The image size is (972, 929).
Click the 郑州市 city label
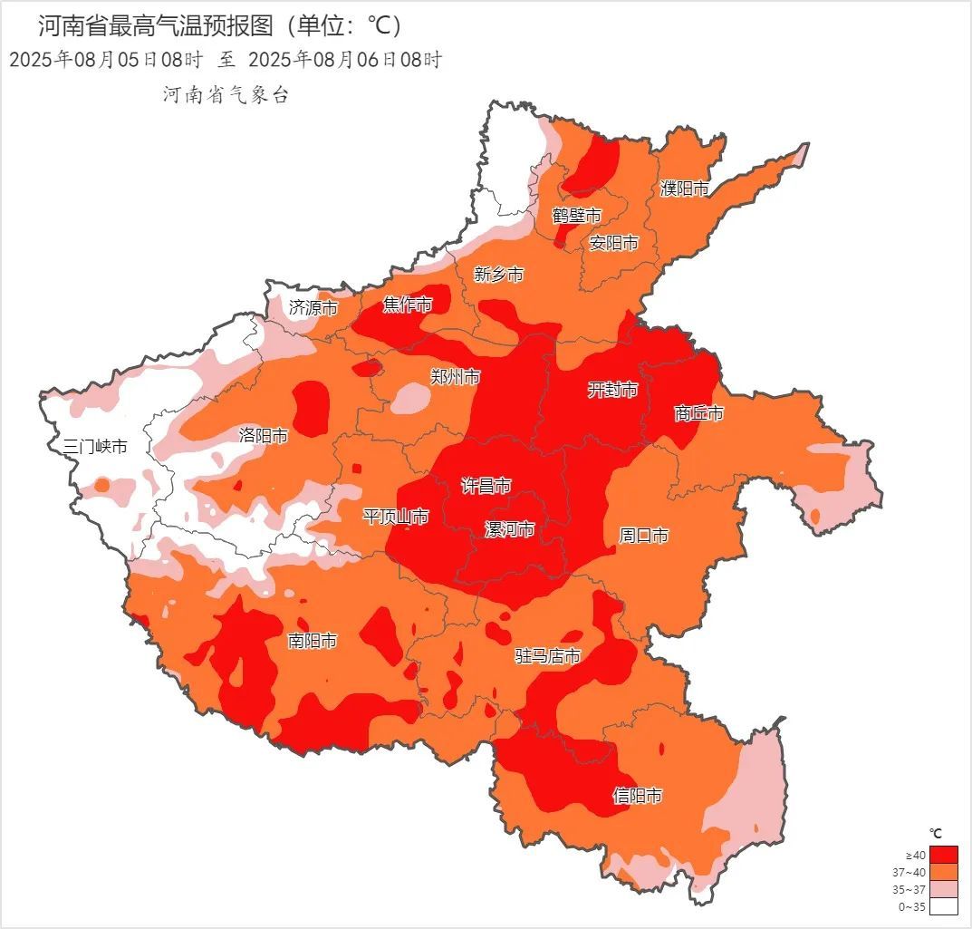pyautogui.click(x=455, y=377)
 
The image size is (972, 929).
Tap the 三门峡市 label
pyautogui.click(x=95, y=446)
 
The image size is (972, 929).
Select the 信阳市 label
pyautogui.click(x=637, y=796)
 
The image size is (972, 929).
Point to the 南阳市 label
pyautogui.click(x=313, y=642)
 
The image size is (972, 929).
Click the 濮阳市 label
pyautogui.click(x=684, y=189)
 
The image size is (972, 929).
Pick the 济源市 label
pyautogui.click(x=313, y=308)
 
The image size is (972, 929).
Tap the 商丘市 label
pyautogui.click(x=698, y=413)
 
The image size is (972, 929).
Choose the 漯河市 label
pyautogui.click(x=509, y=529)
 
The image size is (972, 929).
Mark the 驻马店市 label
pyautogui.click(x=547, y=656)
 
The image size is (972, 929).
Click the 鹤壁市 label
pyautogui.click(x=577, y=216)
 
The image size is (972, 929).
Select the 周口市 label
pyautogui.click(x=643, y=536)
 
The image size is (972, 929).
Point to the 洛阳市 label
pyautogui.click(x=264, y=436)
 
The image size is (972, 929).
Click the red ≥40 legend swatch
pyautogui.click(x=943, y=855)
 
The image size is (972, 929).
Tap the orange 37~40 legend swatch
pyautogui.click(x=943, y=872)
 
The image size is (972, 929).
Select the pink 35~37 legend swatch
pyautogui.click(x=943, y=889)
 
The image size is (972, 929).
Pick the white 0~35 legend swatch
pyautogui.click(x=943, y=905)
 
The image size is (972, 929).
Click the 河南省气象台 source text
pyautogui.click(x=226, y=95)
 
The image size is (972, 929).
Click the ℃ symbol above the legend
pyautogui.click(x=937, y=833)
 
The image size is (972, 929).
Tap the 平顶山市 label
pyautogui.click(x=396, y=517)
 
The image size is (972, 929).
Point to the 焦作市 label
pyautogui.click(x=407, y=305)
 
